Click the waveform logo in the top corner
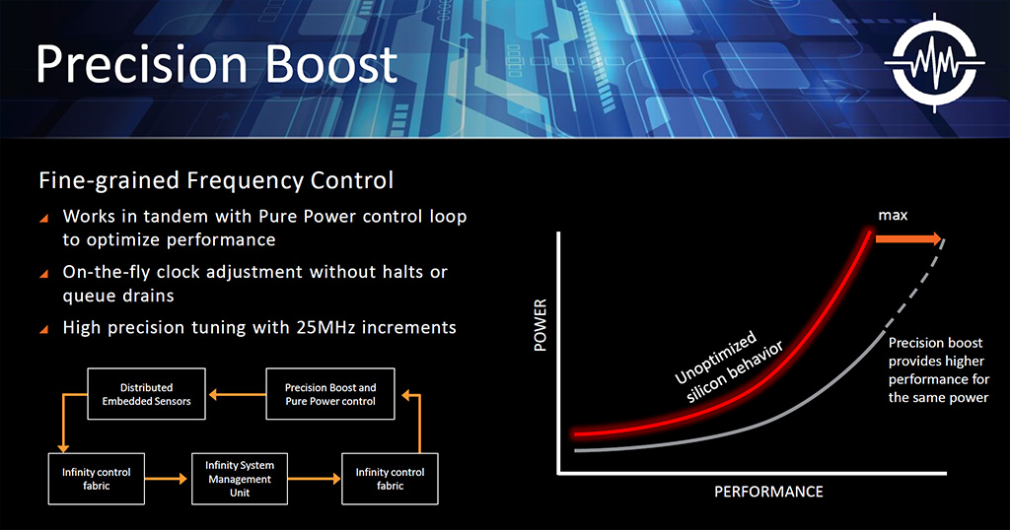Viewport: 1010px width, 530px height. pyautogui.click(x=935, y=63)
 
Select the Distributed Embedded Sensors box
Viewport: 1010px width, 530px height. pyautogui.click(x=146, y=394)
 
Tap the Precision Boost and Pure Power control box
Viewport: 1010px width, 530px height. pyautogui.click(x=330, y=394)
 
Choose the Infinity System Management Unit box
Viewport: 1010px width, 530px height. pyautogui.click(x=240, y=479)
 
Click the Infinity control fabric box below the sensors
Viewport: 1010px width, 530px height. pyautogui.click(x=96, y=479)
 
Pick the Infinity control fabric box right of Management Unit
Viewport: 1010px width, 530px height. pyautogui.click(x=390, y=479)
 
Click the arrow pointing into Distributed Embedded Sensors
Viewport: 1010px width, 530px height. pyautogui.click(x=237, y=394)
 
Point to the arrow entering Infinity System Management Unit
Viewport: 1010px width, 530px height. pyautogui.click(x=166, y=479)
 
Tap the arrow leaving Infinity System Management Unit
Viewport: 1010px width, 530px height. pyautogui.click(x=315, y=479)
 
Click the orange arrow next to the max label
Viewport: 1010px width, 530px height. pyautogui.click(x=908, y=239)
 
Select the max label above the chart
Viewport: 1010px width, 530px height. pyautogui.click(x=893, y=216)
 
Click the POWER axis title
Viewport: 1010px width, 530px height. pyautogui.click(x=540, y=325)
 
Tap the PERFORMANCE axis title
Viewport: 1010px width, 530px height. pyautogui.click(x=768, y=492)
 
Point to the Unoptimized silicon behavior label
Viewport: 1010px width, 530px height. pyautogui.click(x=728, y=366)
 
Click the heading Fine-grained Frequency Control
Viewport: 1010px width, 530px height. pyautogui.click(x=216, y=180)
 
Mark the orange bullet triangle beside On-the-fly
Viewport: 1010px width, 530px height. pyautogui.click(x=43, y=274)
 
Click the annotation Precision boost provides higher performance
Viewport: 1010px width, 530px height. pyautogui.click(x=939, y=369)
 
